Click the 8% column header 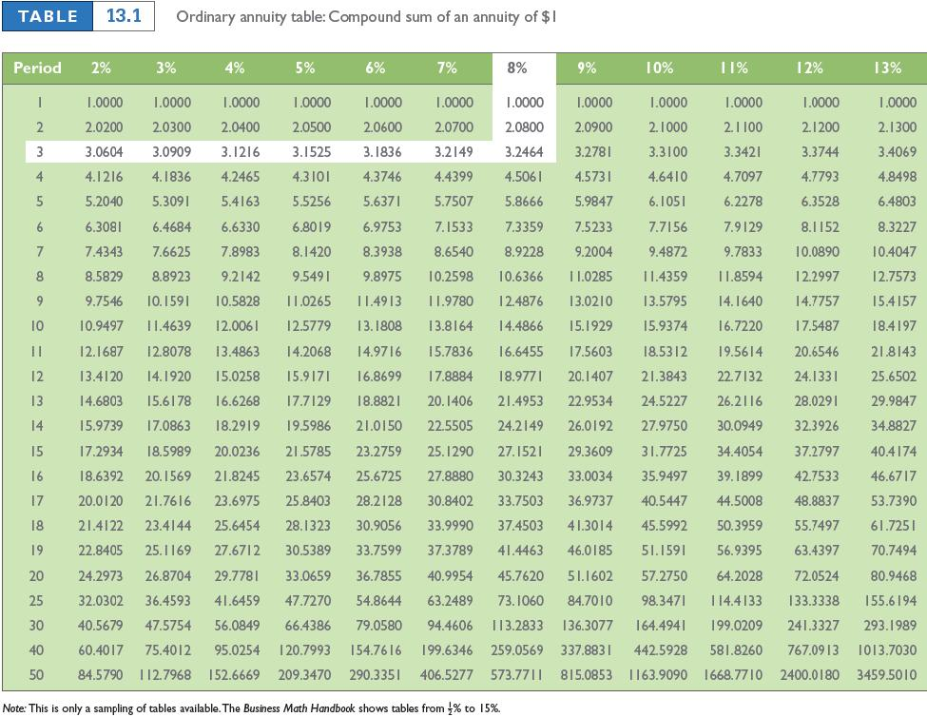pyautogui.click(x=517, y=68)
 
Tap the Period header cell pyautogui.click(x=37, y=68)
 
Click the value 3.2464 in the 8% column pyautogui.click(x=523, y=151)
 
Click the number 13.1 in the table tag pyautogui.click(x=124, y=18)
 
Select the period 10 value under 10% pyautogui.click(x=666, y=324)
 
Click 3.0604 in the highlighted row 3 pyautogui.click(x=102, y=151)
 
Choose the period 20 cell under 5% pyautogui.click(x=307, y=575)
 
